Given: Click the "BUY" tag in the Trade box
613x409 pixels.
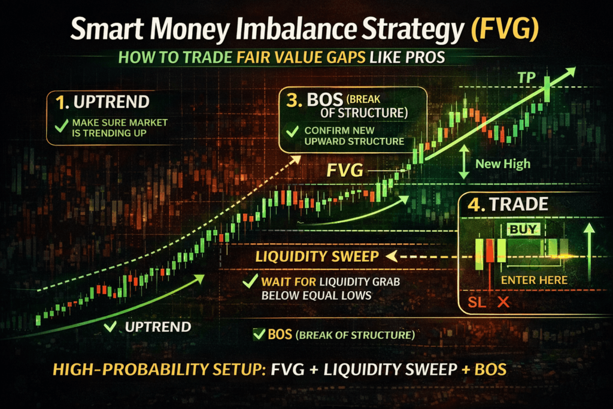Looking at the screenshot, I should pyautogui.click(x=523, y=228).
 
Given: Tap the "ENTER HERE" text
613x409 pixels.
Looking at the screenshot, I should pyautogui.click(x=534, y=280).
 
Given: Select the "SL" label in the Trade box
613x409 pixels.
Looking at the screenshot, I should pyautogui.click(x=478, y=302).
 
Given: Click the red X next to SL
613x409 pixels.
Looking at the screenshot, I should pyautogui.click(x=503, y=302).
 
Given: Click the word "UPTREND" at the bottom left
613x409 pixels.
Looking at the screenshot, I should pyautogui.click(x=158, y=327).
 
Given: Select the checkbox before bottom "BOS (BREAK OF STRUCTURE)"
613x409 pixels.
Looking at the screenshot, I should pyautogui.click(x=259, y=334).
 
